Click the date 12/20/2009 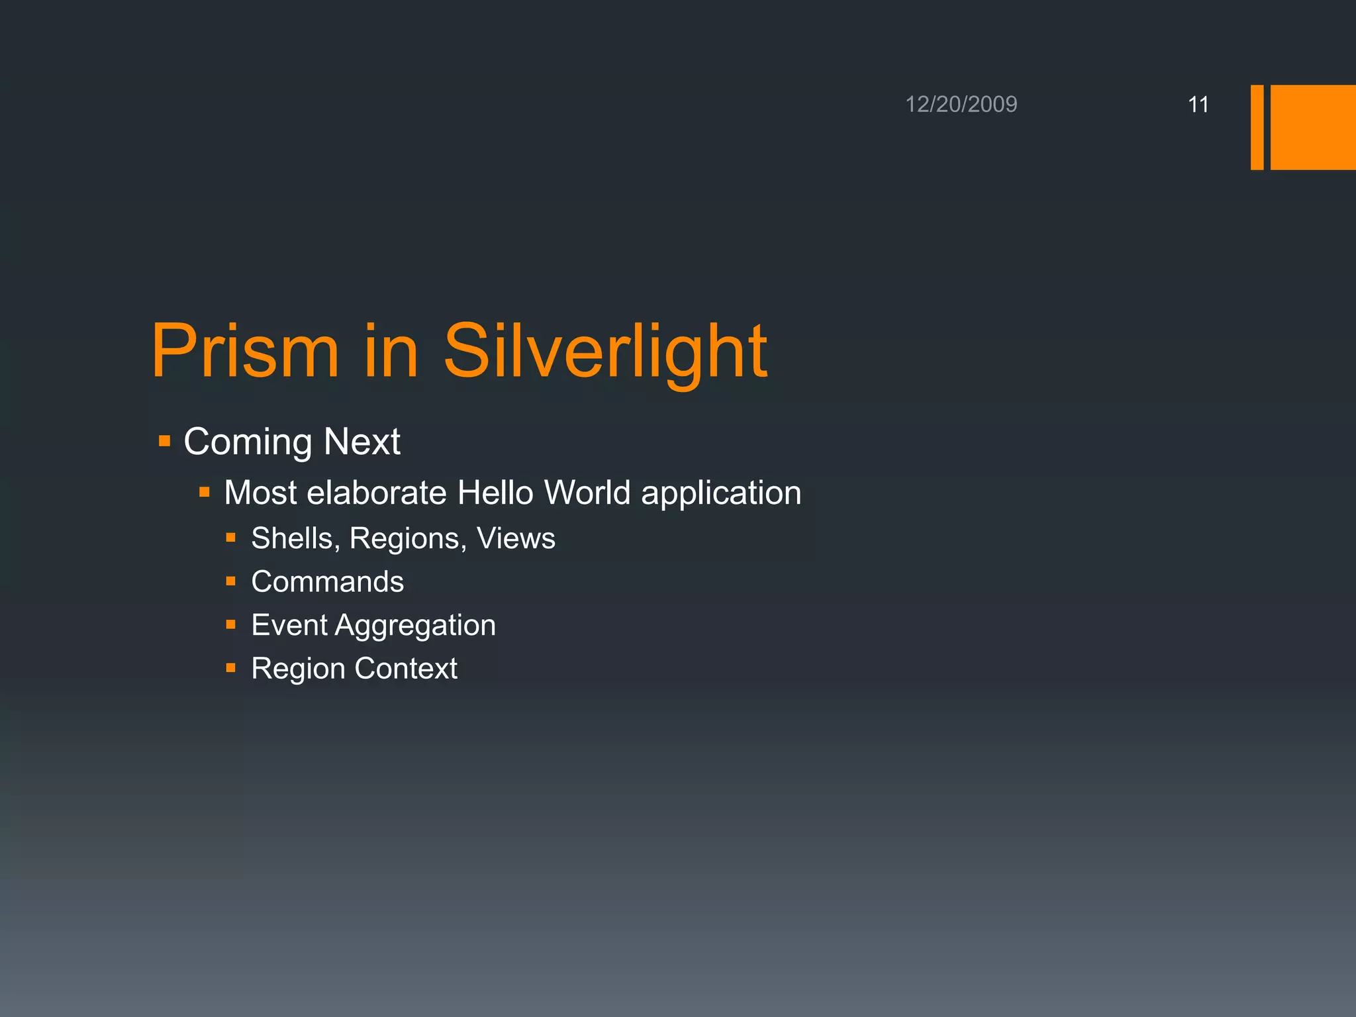click(961, 105)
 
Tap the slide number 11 click(1198, 105)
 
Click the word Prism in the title click(245, 351)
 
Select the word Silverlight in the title click(605, 351)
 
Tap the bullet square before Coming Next click(165, 441)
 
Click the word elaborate click(377, 493)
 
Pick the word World click(587, 493)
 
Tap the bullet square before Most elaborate click(205, 492)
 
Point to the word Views click(516, 538)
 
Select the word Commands click(328, 581)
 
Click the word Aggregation click(415, 626)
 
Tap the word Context click(406, 668)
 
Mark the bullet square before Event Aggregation click(230, 624)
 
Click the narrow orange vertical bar click(1257, 127)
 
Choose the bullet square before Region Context click(230, 668)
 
